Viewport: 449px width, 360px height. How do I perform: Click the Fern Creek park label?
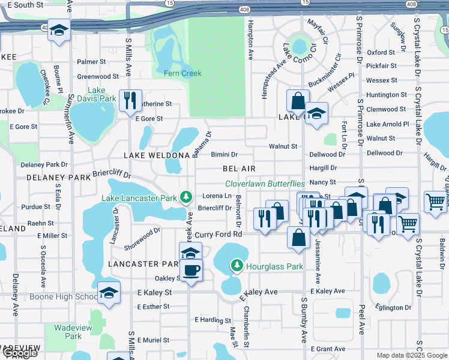(182, 73)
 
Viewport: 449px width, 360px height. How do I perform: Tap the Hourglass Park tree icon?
(237, 265)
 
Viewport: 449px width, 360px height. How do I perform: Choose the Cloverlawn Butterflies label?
(265, 184)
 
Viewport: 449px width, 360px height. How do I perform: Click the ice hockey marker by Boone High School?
(109, 293)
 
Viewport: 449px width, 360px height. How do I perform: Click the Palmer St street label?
(91, 62)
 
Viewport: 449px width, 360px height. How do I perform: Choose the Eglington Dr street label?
(391, 308)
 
